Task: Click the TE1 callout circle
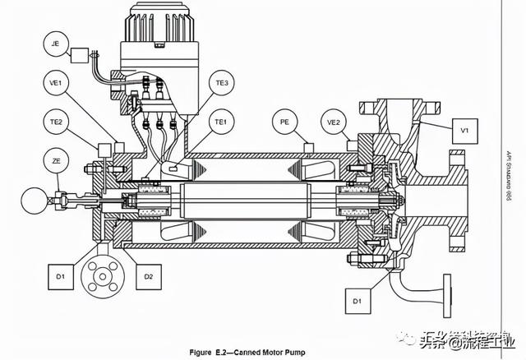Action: click(221, 122)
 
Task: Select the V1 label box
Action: click(464, 129)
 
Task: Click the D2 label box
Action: click(148, 276)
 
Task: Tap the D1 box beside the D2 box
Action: click(62, 276)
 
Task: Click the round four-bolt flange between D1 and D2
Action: click(103, 276)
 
